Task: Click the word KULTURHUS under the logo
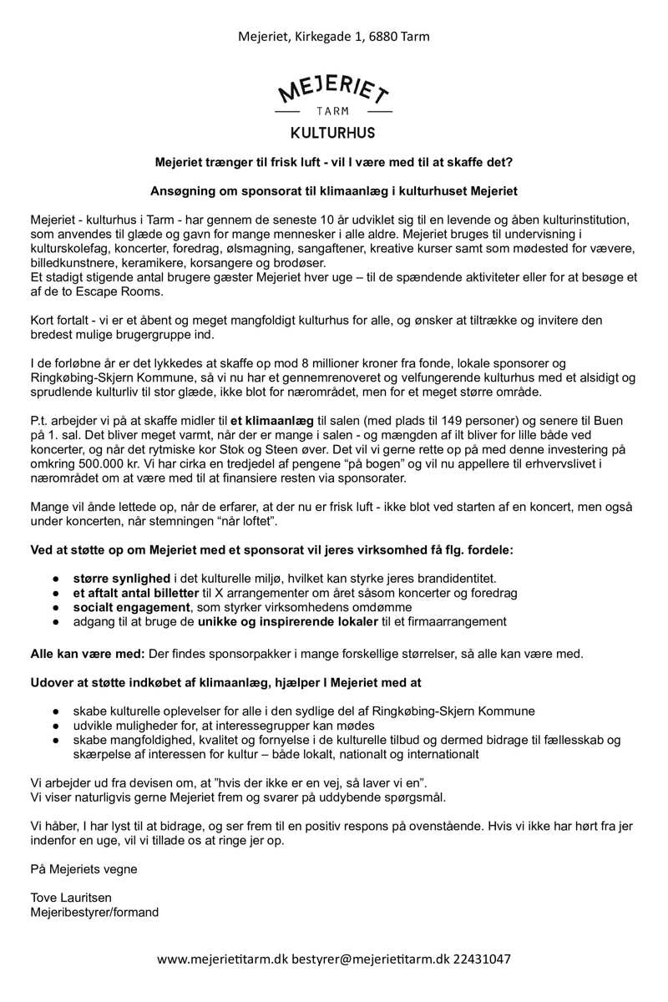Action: point(333,133)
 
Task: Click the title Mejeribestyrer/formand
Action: point(94,912)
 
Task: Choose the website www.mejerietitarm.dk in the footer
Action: point(222,959)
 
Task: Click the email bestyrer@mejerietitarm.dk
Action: point(370,959)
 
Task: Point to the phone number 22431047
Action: point(483,959)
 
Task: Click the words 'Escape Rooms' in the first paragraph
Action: point(125,291)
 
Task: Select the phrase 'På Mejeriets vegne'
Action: point(83,868)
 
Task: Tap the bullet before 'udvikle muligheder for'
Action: point(55,726)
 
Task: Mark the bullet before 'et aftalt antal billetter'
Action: point(55,593)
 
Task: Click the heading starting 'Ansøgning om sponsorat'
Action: point(333,190)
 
